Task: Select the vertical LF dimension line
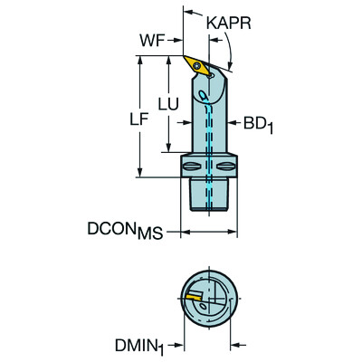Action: (x=138, y=116)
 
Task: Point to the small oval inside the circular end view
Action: (x=207, y=305)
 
